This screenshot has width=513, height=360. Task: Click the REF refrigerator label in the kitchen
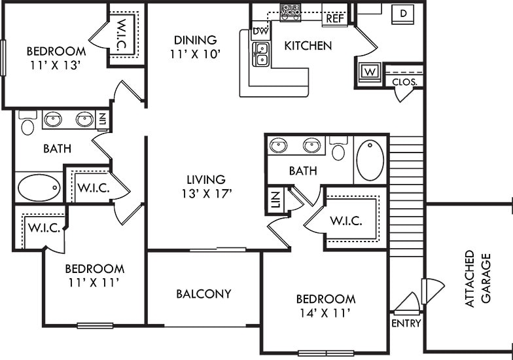click(335, 18)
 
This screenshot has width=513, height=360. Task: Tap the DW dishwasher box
click(259, 31)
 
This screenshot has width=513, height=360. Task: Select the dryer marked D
click(404, 13)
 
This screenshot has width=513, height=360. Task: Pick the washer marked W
click(368, 71)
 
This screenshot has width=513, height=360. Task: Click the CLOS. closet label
click(404, 82)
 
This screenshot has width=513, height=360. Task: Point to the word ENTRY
click(406, 323)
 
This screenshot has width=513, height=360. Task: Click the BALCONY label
click(203, 294)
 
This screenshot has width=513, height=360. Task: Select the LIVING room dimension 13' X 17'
click(205, 193)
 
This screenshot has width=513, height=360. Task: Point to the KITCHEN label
click(308, 46)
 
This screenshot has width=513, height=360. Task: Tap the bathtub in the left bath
click(39, 188)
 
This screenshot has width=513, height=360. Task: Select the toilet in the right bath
click(338, 150)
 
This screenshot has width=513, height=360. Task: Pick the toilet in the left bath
click(27, 124)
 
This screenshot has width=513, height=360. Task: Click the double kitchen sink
click(262, 55)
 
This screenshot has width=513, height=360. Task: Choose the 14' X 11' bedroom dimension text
click(325, 313)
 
